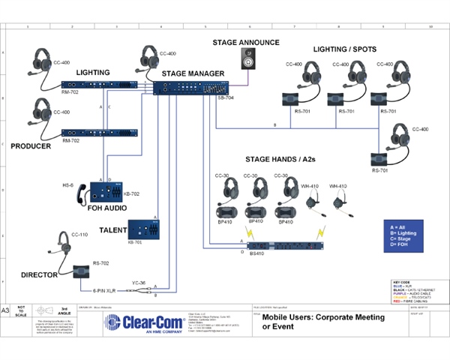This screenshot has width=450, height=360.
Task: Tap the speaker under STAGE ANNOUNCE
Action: pos(247,60)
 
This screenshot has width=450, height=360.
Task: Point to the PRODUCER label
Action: pos(31,146)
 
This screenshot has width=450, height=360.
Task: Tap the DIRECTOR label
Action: pos(39,275)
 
